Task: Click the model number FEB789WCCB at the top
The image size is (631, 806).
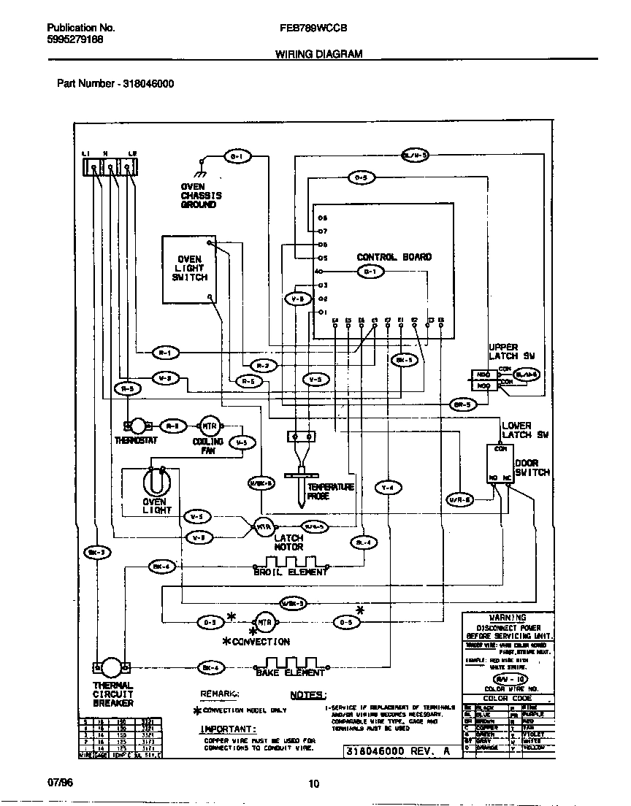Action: click(313, 28)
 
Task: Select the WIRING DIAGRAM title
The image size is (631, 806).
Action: click(318, 55)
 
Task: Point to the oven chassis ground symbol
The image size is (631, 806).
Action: click(199, 172)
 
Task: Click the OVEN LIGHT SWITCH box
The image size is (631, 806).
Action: click(189, 269)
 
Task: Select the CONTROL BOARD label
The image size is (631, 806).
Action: click(394, 257)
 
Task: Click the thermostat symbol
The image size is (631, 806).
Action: click(136, 426)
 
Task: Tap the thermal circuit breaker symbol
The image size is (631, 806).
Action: click(112, 667)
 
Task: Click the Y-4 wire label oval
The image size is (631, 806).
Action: click(389, 487)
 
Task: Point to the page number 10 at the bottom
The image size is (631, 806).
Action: click(313, 784)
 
